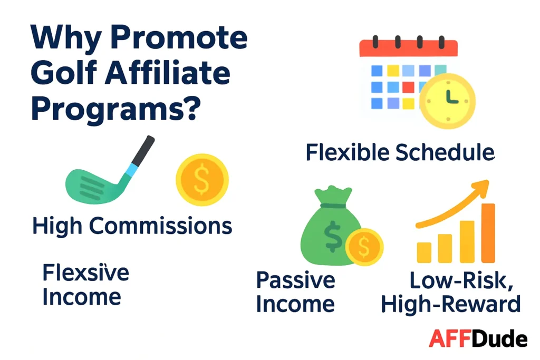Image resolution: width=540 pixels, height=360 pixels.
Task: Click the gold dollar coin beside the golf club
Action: click(202, 180)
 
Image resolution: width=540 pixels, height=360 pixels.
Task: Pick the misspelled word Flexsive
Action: click(85, 273)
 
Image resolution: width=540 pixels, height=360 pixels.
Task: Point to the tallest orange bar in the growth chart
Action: click(488, 232)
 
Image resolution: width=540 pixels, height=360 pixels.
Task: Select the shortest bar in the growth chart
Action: click(424, 252)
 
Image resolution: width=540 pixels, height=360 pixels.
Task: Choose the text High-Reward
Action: click(450, 304)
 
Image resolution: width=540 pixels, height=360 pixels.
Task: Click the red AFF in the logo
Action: click(448, 339)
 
